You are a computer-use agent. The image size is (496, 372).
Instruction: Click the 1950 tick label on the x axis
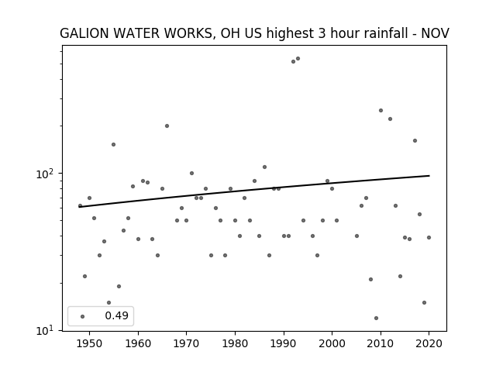(x=90, y=343)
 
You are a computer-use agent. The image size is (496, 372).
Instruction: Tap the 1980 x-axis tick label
(x=235, y=343)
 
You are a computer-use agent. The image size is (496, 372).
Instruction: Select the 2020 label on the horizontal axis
(x=429, y=343)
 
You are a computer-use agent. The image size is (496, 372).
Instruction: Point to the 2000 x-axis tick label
(x=332, y=343)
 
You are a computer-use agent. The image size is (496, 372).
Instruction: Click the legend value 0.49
(x=117, y=315)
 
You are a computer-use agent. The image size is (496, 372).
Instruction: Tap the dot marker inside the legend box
(x=83, y=316)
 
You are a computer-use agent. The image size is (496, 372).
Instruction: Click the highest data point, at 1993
(x=298, y=59)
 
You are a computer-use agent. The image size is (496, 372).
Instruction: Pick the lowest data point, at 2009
(x=376, y=318)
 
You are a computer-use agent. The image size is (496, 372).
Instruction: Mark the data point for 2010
(x=381, y=110)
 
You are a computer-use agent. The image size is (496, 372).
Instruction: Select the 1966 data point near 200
(x=167, y=126)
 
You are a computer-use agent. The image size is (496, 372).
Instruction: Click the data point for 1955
(x=114, y=145)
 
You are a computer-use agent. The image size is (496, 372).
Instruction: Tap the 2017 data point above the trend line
(x=415, y=141)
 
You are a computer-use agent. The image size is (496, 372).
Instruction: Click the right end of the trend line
(x=429, y=176)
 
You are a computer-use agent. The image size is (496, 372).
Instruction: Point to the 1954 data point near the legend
(x=108, y=303)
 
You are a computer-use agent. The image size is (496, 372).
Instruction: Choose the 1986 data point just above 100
(x=264, y=167)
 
